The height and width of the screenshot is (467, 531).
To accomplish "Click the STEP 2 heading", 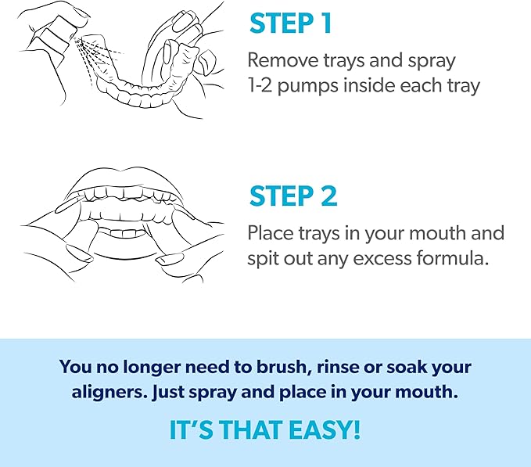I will click(293, 196).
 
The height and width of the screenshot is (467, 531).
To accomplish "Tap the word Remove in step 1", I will click(281, 60).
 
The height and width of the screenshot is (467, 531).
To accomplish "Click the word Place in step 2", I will click(268, 233).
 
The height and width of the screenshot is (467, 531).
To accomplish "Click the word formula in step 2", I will click(456, 257).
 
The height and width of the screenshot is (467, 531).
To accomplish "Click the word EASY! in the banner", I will click(322, 431).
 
